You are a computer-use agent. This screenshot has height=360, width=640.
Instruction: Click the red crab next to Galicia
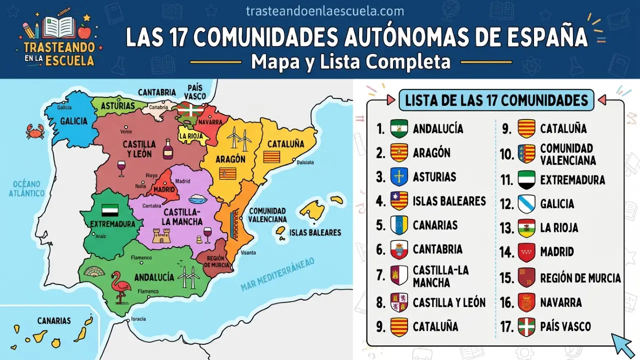[35, 131]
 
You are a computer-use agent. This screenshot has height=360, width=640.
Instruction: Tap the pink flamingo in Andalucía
[120, 286]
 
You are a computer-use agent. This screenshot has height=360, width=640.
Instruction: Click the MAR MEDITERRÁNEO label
[277, 274]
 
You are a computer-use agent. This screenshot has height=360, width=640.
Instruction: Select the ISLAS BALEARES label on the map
[315, 232]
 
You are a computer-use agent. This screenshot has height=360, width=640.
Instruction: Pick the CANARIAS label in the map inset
[53, 320]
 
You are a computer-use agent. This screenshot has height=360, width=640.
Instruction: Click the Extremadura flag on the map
[110, 210]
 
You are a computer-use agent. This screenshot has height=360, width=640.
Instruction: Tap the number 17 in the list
[507, 327]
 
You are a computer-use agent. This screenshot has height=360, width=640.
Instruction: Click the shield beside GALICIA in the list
[526, 203]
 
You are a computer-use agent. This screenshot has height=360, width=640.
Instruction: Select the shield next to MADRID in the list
[526, 252]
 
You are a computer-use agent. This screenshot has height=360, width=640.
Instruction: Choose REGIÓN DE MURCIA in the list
[580, 278]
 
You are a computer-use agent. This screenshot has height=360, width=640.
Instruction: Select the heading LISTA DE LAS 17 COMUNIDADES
[496, 100]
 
